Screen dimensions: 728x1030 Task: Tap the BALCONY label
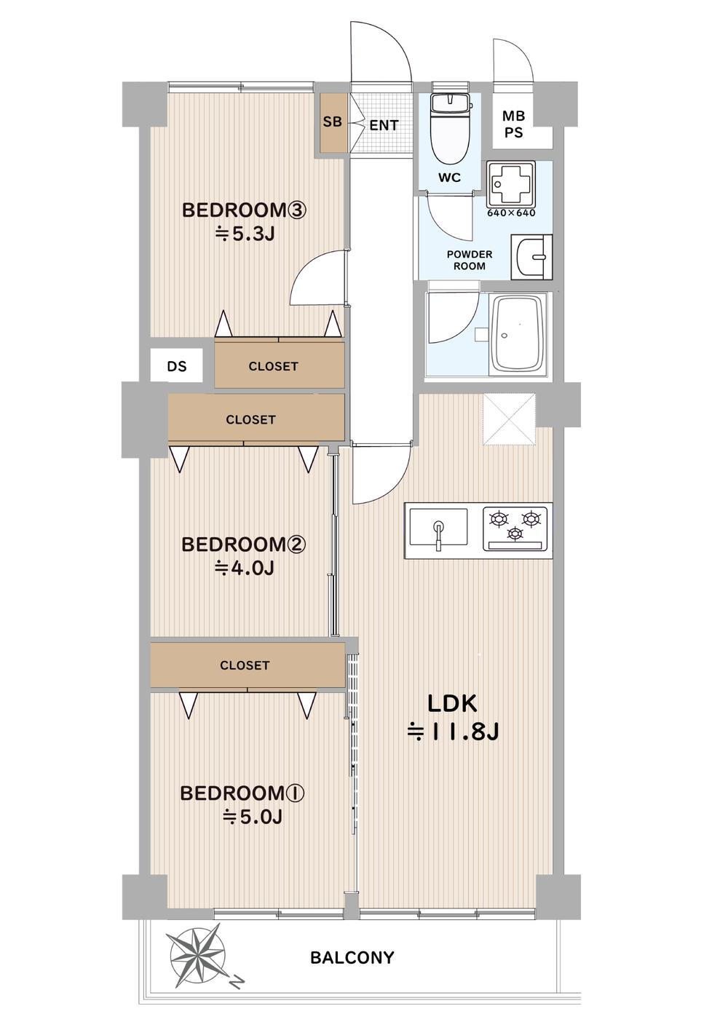(352, 958)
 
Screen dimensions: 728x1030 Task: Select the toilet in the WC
(449, 128)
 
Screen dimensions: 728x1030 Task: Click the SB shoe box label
(332, 122)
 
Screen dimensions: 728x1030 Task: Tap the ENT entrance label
(384, 125)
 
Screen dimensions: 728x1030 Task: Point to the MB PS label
(514, 124)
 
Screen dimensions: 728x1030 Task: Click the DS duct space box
(177, 366)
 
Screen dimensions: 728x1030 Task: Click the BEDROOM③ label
(244, 210)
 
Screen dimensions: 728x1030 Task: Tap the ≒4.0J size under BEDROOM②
(245, 569)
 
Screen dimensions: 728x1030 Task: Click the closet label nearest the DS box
(273, 366)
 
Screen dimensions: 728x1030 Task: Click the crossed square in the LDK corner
(510, 419)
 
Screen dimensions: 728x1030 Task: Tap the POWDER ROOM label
(469, 260)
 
